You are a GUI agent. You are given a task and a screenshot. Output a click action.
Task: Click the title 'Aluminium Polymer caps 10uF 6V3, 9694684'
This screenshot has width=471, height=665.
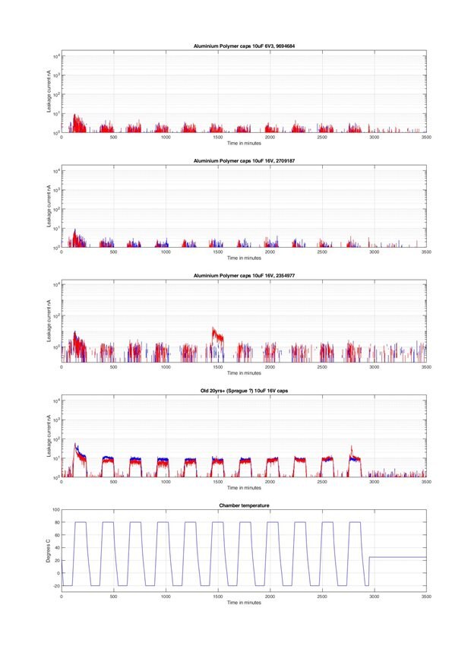[244, 46]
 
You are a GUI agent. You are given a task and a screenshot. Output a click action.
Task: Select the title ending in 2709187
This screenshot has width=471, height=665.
[244, 161]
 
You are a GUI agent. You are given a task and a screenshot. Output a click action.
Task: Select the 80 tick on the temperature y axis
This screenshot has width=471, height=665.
[55, 522]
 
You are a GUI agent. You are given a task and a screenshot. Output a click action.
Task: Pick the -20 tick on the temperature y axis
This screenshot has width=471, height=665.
[53, 585]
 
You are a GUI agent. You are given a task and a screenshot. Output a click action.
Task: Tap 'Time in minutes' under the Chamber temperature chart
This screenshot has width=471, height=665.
[244, 603]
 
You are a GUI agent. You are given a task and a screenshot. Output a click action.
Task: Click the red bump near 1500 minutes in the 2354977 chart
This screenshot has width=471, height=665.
[218, 334]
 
